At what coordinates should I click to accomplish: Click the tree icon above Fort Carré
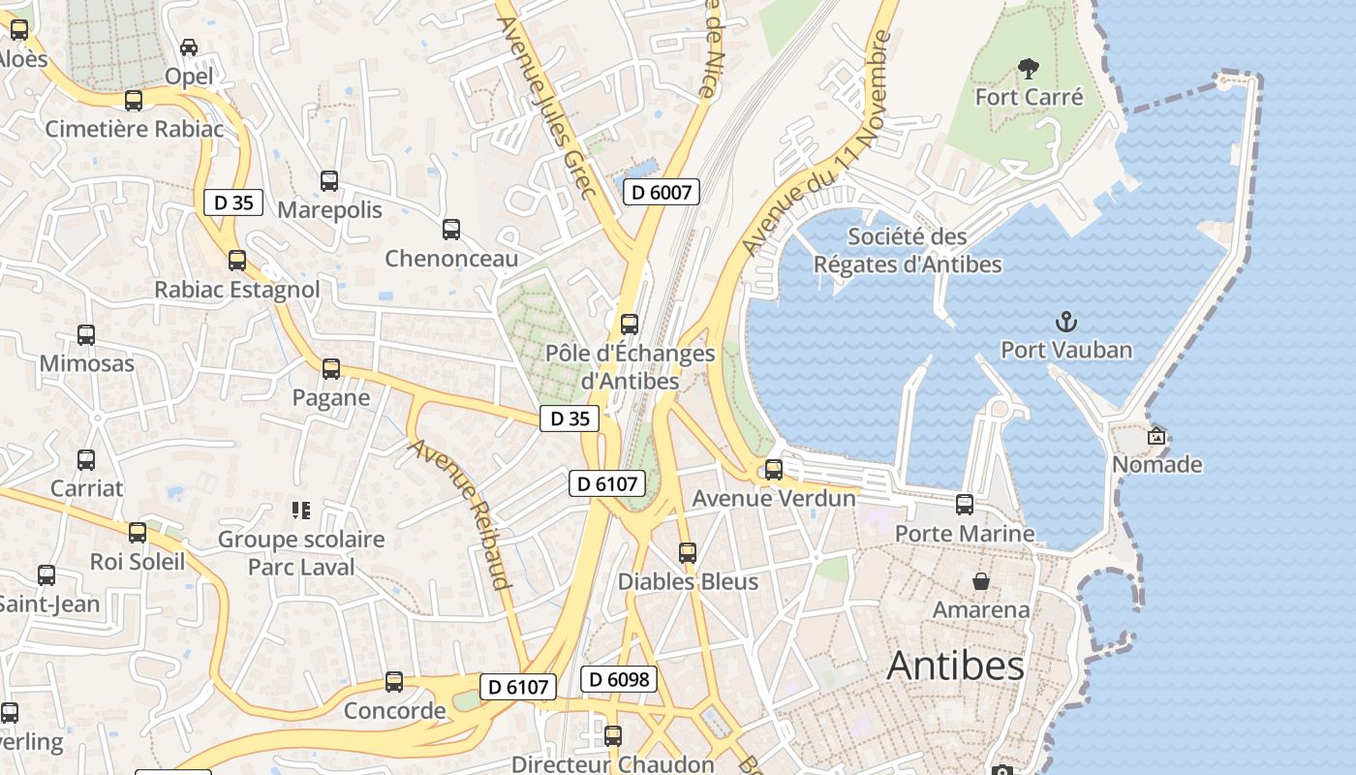click(1028, 69)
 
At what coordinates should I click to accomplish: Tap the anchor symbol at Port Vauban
click(1065, 321)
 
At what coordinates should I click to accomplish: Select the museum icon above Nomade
click(1156, 436)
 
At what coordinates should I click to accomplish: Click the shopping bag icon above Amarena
click(981, 581)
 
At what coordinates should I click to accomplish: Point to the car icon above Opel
click(189, 47)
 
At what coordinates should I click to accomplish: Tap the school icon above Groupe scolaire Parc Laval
click(300, 510)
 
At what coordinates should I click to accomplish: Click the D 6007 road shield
click(662, 192)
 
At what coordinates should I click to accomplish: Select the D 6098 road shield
click(619, 679)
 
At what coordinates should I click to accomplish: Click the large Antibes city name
click(955, 666)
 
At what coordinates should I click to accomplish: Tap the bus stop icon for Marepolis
click(329, 181)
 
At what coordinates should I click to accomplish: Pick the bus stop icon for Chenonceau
click(451, 230)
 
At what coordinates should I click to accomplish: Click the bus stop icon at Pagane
click(331, 369)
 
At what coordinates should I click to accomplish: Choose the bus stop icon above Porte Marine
click(965, 505)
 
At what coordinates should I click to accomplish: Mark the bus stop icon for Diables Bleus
click(688, 553)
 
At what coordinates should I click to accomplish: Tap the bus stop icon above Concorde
click(394, 682)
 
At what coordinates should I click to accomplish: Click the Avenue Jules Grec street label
click(547, 107)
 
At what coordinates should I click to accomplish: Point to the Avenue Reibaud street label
click(460, 514)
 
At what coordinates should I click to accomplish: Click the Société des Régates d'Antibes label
click(908, 250)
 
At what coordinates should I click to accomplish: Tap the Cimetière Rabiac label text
click(135, 129)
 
